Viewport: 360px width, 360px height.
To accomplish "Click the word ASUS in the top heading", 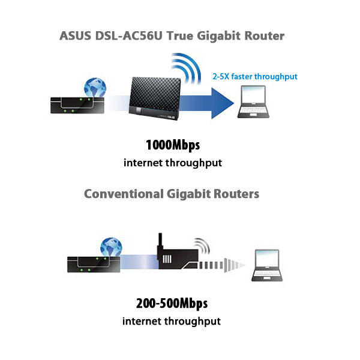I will pyautogui.click(x=76, y=36).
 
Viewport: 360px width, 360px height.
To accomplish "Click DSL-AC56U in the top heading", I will pyautogui.click(x=127, y=36).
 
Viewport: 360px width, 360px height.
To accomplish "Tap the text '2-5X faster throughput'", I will pyautogui.click(x=255, y=76).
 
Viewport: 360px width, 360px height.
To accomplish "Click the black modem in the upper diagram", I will pyautogui.click(x=71, y=105).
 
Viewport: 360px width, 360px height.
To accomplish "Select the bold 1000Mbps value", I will pyautogui.click(x=172, y=146).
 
